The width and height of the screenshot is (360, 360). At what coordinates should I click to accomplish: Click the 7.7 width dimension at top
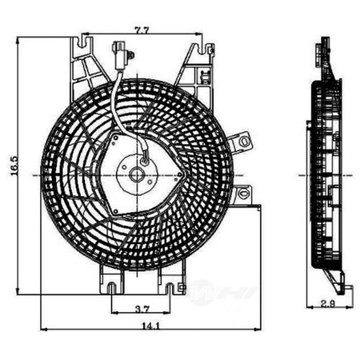pyautogui.click(x=141, y=30)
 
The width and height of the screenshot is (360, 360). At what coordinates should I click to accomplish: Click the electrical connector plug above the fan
pyautogui.click(x=120, y=55)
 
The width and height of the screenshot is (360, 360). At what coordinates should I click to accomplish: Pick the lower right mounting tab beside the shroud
pyautogui.click(x=242, y=194)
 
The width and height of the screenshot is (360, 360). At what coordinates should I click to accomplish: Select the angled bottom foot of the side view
pyautogui.click(x=337, y=279)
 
